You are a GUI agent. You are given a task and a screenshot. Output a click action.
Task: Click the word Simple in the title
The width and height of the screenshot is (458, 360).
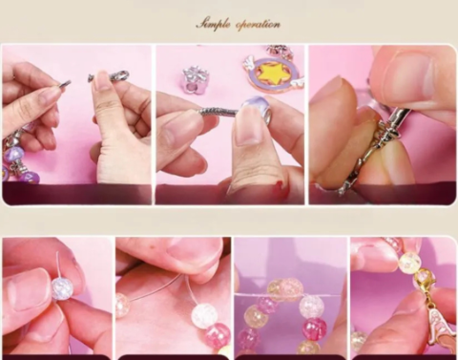[x=213, y=25]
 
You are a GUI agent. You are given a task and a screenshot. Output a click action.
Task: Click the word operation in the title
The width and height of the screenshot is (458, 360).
[x=259, y=25]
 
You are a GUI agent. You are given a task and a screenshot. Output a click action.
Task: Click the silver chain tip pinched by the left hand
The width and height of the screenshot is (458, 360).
[x=65, y=84]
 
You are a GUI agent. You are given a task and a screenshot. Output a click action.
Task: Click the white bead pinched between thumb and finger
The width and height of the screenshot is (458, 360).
[x=62, y=288]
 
